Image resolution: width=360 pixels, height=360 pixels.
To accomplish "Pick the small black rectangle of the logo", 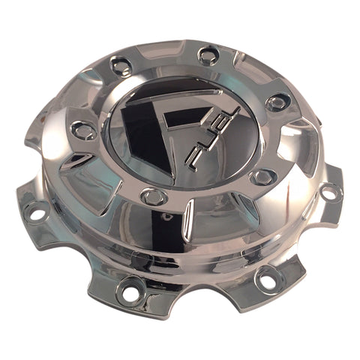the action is pos(185,118).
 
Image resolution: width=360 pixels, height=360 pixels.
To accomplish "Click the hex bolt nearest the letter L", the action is pos(277,103).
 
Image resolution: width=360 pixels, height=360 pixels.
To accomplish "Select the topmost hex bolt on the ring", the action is pos(208,55).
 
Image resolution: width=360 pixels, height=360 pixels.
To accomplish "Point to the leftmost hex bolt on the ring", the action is pos(83,130).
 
